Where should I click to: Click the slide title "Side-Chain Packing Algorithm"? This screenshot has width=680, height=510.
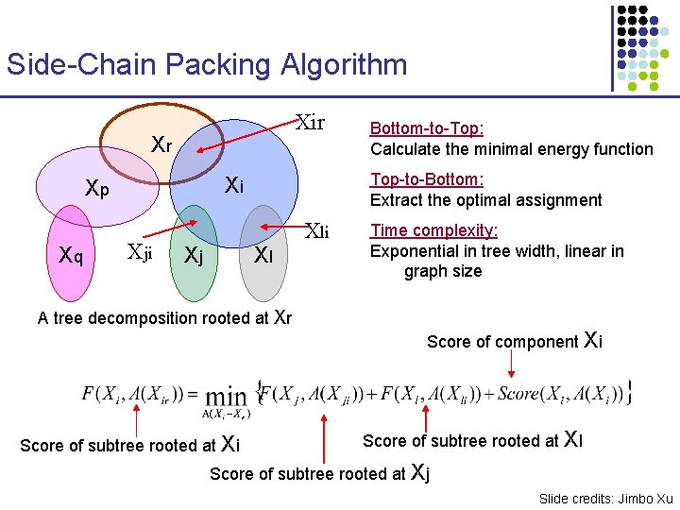(x=207, y=65)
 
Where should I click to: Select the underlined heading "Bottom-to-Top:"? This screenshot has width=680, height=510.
(x=427, y=128)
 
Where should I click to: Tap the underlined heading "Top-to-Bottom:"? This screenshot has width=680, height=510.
(x=427, y=179)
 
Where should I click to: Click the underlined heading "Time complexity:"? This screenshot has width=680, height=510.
(x=433, y=230)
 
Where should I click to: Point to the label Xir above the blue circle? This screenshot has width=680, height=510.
(x=310, y=123)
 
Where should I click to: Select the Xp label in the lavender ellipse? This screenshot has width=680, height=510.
(x=96, y=188)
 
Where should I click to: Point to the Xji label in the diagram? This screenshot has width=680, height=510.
(x=139, y=251)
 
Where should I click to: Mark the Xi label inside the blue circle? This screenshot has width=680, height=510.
(x=234, y=186)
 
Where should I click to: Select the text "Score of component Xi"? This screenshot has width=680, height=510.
(x=514, y=341)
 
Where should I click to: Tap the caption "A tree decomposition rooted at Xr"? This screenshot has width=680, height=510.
(x=164, y=317)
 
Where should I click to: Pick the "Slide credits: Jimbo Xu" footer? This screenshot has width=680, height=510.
(x=605, y=498)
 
